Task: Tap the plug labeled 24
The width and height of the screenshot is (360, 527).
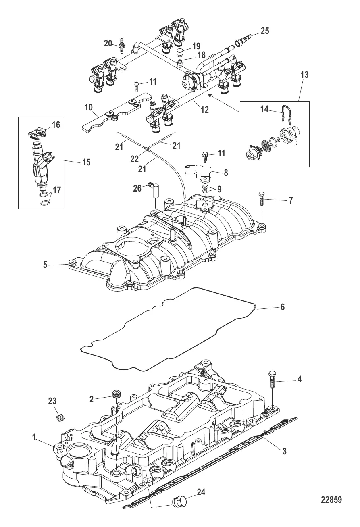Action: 178,502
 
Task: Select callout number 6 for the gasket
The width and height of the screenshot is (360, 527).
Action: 283,307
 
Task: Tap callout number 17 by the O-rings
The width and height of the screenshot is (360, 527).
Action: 57,190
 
